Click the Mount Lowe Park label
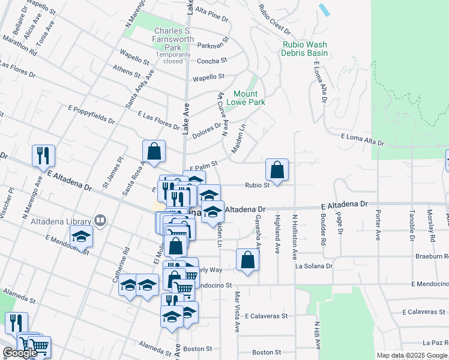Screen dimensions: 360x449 245,98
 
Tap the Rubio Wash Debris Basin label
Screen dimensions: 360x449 305,49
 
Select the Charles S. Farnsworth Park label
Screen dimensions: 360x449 174,38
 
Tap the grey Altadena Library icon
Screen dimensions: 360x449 100,221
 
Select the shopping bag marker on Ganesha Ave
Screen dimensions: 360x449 247,260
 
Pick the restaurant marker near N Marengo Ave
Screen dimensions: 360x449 43,155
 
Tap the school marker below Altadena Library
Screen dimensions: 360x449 81,237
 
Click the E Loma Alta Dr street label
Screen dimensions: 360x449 362,139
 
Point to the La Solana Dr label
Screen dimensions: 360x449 313,265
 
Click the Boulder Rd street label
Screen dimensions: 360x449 323,226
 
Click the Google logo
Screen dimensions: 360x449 20,353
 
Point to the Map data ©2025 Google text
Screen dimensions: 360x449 412,355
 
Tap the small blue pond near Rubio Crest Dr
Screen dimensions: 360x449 325,10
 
